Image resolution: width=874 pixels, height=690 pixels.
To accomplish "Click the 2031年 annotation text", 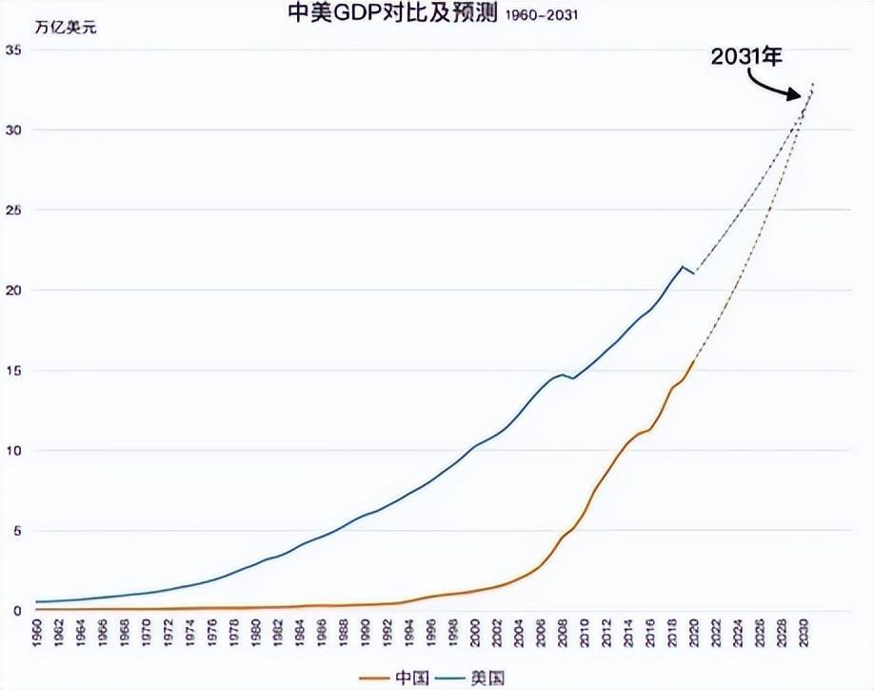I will point(746,57).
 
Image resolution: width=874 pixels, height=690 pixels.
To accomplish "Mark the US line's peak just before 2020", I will point(683,266).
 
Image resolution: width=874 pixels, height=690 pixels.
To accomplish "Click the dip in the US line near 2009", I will point(572,378).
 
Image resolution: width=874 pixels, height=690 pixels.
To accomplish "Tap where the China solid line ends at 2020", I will point(695,360).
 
